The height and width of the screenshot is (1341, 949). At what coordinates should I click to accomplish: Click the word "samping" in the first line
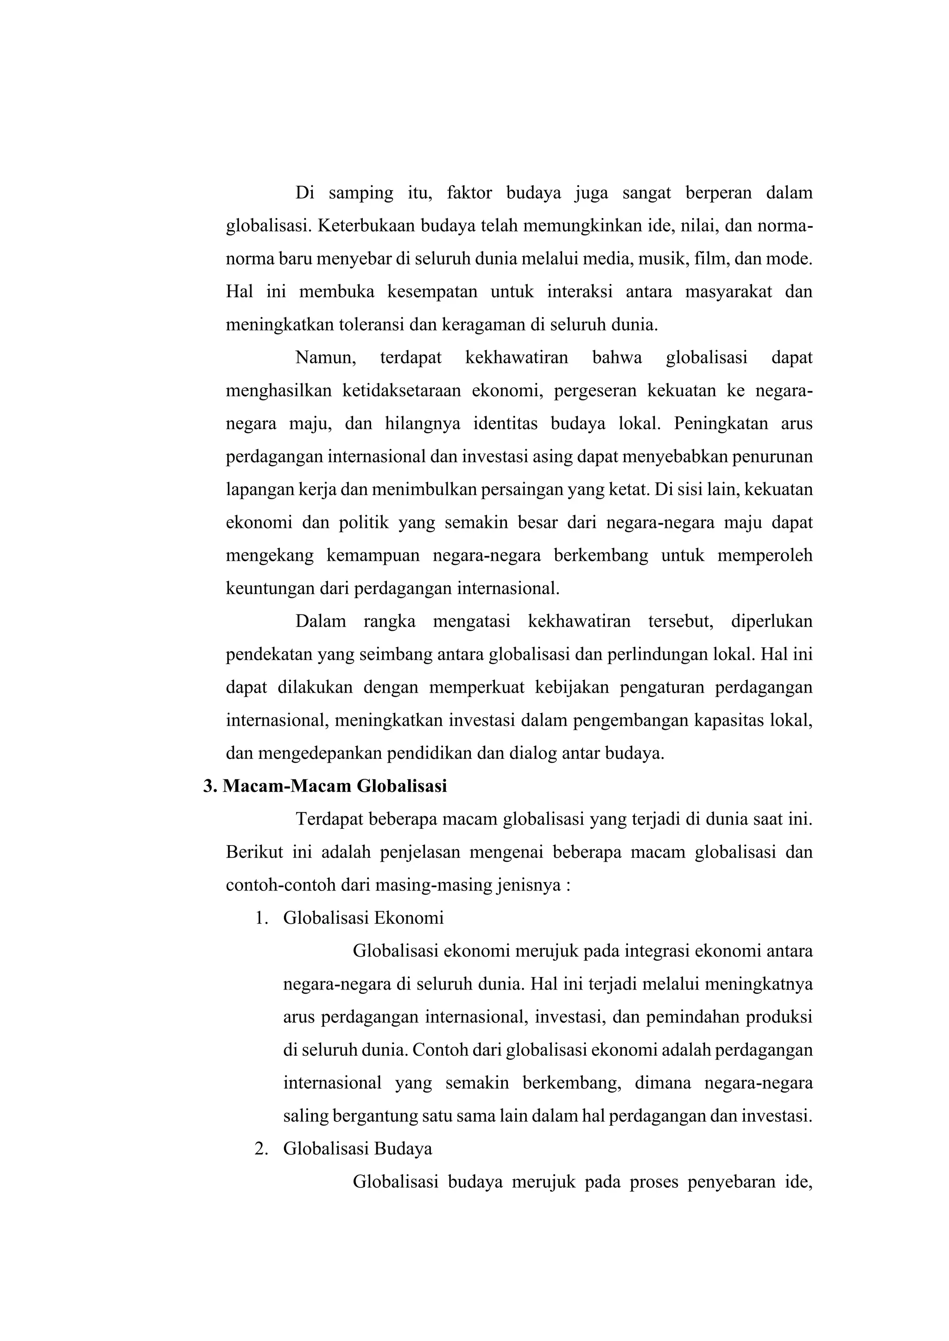coord(361,193)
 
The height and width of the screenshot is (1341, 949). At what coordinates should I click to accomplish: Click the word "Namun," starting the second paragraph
coord(325,357)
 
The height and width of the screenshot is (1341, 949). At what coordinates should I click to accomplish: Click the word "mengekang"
coord(269,556)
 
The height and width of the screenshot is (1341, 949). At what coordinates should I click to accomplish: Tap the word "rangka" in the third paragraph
coord(389,621)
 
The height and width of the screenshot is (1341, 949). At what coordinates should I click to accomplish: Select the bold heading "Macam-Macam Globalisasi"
coord(334,787)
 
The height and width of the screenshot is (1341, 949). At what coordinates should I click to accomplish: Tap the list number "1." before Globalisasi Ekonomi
coord(261,919)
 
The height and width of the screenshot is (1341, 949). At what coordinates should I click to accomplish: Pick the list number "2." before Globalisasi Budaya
coord(261,1149)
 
